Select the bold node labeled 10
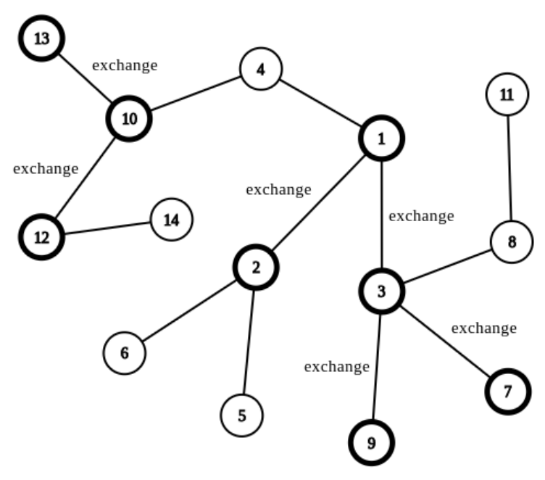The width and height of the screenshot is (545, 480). pos(130,118)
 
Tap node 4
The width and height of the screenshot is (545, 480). pos(260,70)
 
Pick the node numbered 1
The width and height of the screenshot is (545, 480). pos(381,137)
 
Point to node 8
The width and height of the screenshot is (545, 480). pos(512,241)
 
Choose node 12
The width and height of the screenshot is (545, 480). pos(42,236)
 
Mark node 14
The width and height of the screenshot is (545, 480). pos(171,219)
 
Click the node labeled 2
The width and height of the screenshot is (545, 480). pos(255,267)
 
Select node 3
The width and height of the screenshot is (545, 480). pos(381,291)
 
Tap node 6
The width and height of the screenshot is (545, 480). pos(124,353)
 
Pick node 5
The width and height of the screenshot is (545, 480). pos(242,415)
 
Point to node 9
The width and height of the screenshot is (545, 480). pos(372,442)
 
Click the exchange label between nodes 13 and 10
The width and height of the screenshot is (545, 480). pos(125,65)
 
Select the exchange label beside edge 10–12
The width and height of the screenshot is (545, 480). pos(46,168)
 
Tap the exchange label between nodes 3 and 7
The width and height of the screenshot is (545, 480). pos(484,328)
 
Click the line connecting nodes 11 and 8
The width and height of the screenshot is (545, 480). pos(509,167)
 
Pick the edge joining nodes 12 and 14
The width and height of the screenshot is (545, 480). pos(107,228)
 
